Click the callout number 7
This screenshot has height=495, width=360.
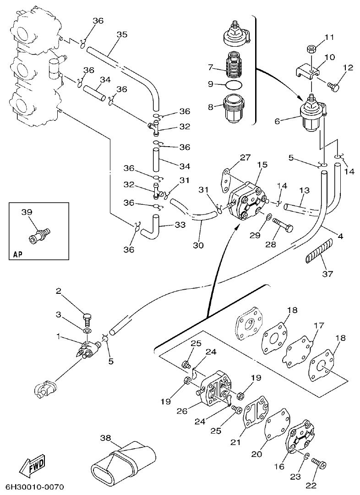[211, 67]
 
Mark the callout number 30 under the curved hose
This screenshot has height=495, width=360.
[198, 245]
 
